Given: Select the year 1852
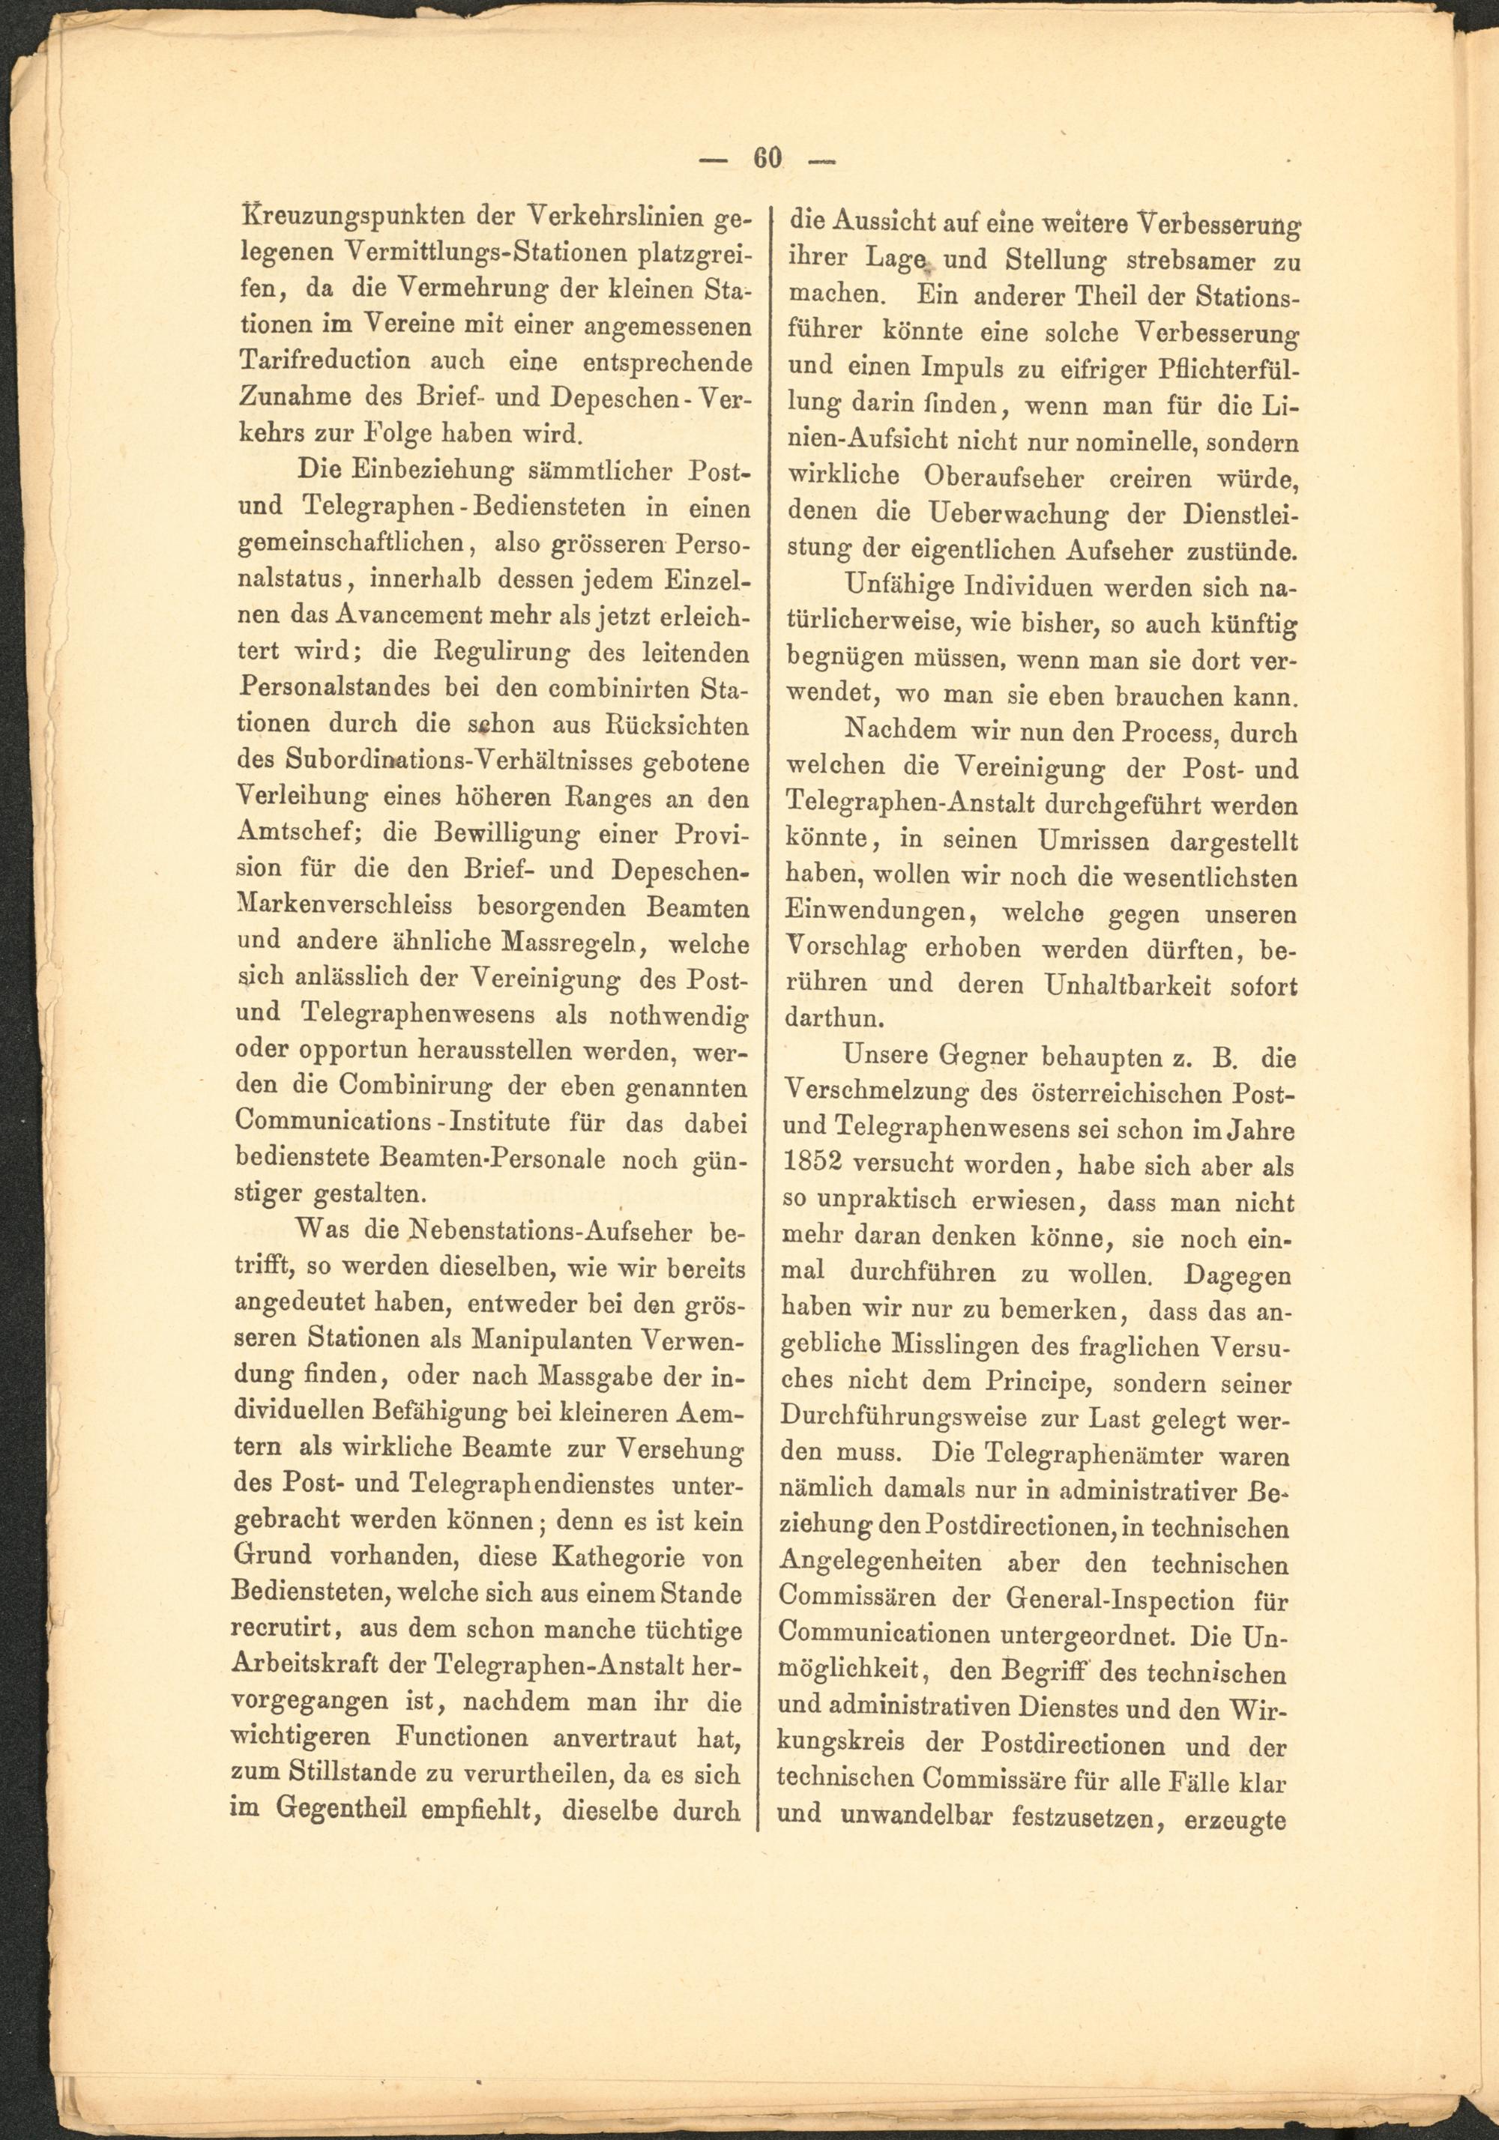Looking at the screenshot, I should [818, 1166].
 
